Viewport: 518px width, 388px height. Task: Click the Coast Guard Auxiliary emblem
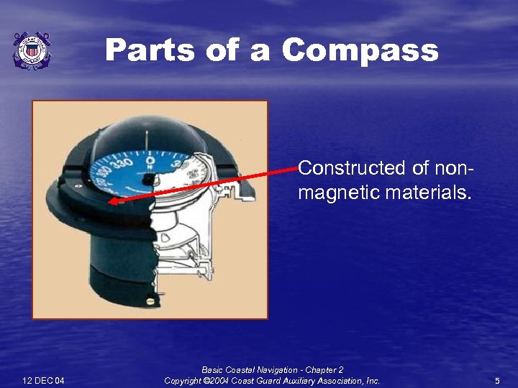click(31, 50)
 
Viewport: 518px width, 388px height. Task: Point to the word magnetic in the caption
click(337, 193)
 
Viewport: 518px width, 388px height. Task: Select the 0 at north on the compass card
click(150, 152)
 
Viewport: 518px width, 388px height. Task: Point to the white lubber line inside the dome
click(147, 137)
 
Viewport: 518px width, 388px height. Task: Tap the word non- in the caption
click(453, 169)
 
